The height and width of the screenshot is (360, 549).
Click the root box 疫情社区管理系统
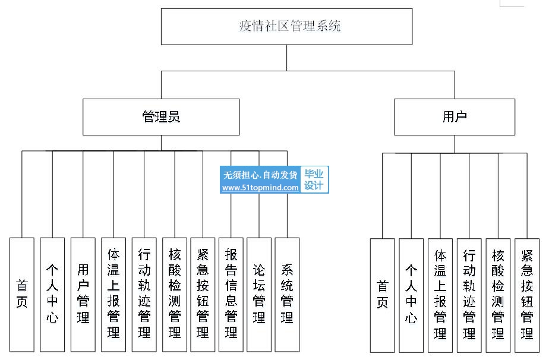(286, 27)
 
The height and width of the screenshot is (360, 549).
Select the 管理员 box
(161, 117)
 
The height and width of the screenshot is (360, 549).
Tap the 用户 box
(455, 117)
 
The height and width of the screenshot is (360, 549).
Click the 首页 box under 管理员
(22, 295)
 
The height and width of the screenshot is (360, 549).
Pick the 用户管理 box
(83, 295)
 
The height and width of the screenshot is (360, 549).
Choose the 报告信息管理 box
(231, 295)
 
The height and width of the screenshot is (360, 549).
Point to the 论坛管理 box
(259, 295)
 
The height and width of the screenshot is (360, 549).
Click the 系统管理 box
(287, 295)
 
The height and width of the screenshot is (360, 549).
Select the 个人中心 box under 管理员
(52, 295)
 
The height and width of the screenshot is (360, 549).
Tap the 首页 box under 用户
(383, 296)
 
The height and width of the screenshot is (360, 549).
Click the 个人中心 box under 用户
(411, 296)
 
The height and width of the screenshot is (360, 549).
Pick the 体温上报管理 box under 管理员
(113, 295)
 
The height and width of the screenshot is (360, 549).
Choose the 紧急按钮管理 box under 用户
(527, 296)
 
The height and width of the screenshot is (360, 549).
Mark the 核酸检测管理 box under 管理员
(175, 295)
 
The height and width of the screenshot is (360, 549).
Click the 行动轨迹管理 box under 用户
(469, 296)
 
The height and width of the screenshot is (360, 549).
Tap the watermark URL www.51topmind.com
(260, 188)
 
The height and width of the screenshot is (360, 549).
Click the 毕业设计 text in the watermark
(314, 179)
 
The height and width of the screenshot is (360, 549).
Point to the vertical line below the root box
(287, 58)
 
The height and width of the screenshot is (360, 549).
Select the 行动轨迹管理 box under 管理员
(144, 295)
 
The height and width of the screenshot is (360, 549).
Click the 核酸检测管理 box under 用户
(498, 296)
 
